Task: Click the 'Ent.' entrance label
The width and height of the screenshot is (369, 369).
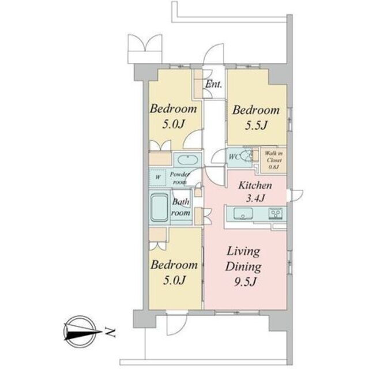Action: pyautogui.click(x=214, y=84)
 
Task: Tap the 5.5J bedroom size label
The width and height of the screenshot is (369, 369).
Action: pyautogui.click(x=256, y=126)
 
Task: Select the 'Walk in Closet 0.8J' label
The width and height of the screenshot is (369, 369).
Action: pyautogui.click(x=274, y=160)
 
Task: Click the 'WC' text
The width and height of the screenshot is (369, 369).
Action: pyautogui.click(x=234, y=157)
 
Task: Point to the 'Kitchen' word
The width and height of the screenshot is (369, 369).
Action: pyautogui.click(x=255, y=185)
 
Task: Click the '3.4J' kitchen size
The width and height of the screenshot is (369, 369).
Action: pyautogui.click(x=256, y=198)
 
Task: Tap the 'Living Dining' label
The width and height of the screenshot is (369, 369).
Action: pyautogui.click(x=243, y=259)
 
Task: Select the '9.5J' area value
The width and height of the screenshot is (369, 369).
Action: pyautogui.click(x=244, y=281)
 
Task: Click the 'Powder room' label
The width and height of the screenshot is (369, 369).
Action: pyautogui.click(x=180, y=178)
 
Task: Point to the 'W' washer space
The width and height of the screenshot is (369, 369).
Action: pyautogui.click(x=158, y=177)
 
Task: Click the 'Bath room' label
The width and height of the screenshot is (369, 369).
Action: pyautogui.click(x=180, y=207)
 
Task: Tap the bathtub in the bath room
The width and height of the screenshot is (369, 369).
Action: pyautogui.click(x=159, y=208)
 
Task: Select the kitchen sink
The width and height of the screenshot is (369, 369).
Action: pyautogui.click(x=243, y=213)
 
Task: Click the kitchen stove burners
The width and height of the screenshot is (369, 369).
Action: pyautogui.click(x=276, y=214)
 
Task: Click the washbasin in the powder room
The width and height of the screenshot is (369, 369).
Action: pyautogui.click(x=187, y=160)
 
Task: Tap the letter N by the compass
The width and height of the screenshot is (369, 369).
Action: pyautogui.click(x=110, y=332)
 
